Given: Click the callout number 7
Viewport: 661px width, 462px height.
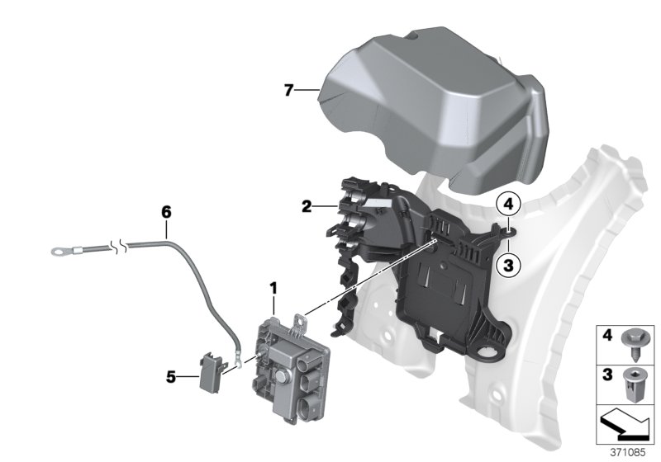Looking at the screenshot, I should pos(288,90).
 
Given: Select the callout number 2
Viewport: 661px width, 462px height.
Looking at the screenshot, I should pos(307,207).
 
